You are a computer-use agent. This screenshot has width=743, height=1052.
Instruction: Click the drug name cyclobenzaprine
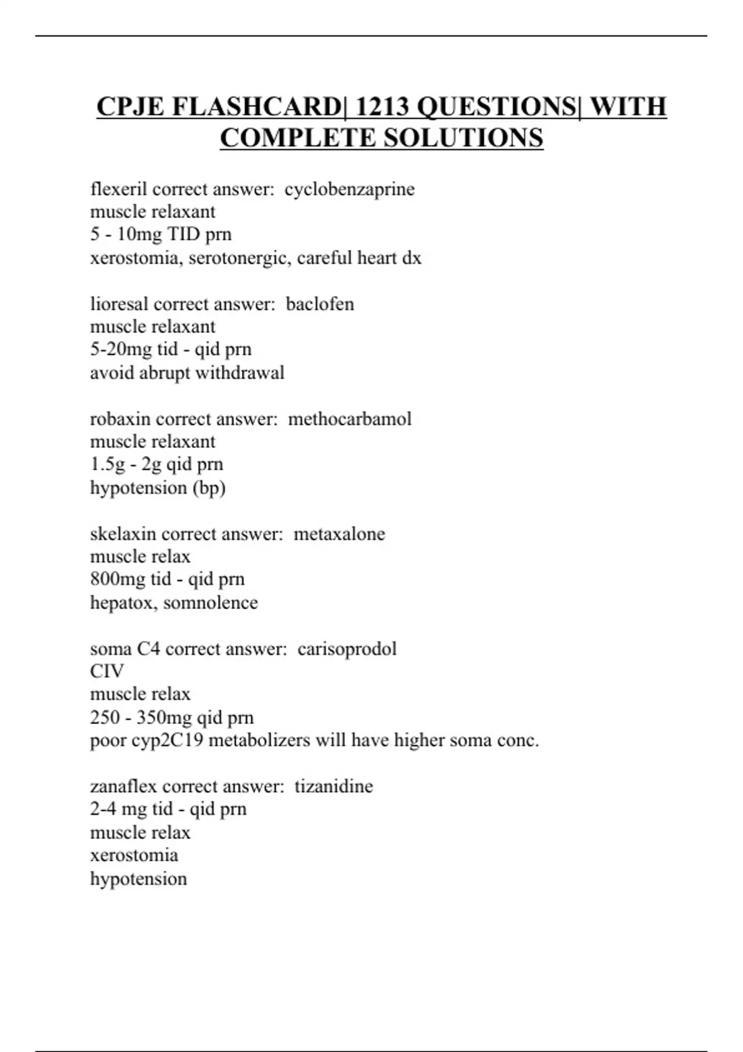click(349, 189)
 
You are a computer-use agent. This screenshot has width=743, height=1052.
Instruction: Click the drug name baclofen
click(319, 304)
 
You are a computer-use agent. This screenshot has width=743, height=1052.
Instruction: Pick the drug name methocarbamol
click(349, 419)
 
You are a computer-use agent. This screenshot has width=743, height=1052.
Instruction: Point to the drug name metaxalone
click(339, 533)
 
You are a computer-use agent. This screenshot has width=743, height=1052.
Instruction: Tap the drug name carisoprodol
click(347, 649)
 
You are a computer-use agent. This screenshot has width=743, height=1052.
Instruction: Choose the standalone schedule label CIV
click(106, 671)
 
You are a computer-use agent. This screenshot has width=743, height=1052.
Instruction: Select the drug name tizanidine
click(333, 786)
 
